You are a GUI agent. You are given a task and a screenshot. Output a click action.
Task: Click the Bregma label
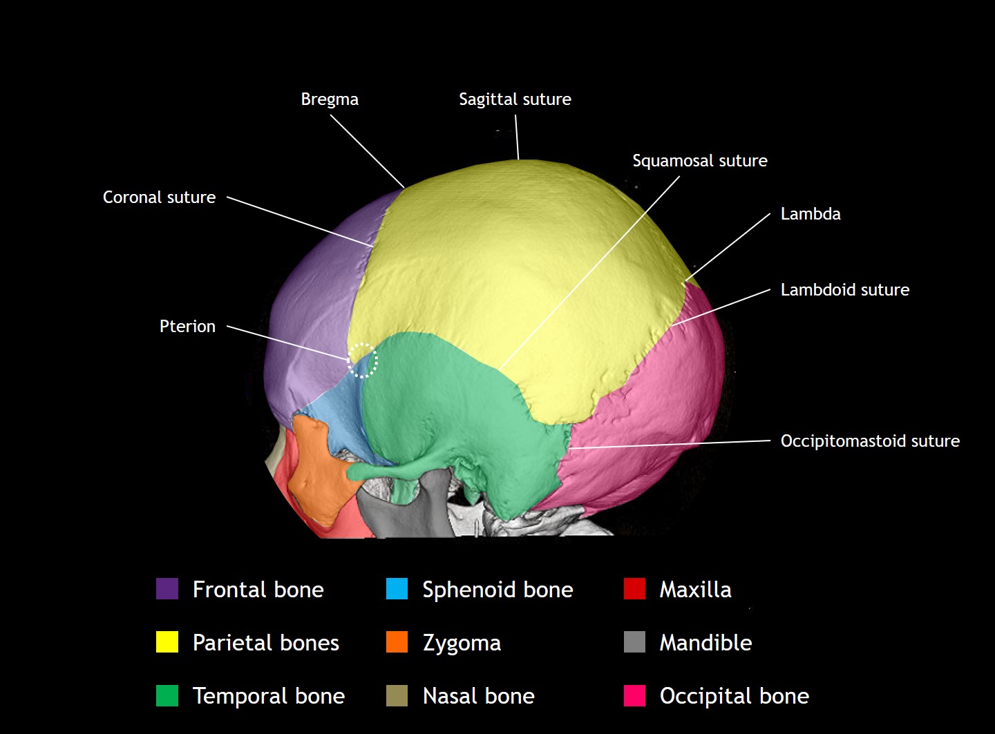(330, 99)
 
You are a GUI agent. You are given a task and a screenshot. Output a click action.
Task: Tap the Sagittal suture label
(515, 99)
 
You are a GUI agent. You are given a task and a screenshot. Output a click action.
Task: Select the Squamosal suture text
(699, 161)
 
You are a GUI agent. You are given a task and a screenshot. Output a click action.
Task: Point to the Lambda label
(810, 214)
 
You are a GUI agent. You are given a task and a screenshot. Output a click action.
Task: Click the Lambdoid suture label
(844, 290)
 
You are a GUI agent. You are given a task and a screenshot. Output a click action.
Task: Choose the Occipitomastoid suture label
(869, 441)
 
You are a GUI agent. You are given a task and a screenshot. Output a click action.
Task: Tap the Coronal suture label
(159, 197)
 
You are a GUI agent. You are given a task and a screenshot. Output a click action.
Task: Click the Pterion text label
(187, 327)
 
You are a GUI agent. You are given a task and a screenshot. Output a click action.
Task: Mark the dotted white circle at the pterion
(362, 360)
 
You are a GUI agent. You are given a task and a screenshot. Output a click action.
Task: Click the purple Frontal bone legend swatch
(167, 589)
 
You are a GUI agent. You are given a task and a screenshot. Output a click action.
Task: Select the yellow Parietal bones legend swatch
(167, 642)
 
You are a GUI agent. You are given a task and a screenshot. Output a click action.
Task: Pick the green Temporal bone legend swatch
(167, 695)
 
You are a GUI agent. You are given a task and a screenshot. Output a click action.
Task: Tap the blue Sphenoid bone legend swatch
(397, 589)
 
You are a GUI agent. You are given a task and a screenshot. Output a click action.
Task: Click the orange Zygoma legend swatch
(397, 642)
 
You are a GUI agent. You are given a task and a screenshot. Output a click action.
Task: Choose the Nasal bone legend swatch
(397, 695)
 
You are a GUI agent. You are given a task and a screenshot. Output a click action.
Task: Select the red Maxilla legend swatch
(634, 589)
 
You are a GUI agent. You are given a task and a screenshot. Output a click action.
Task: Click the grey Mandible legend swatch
(634, 642)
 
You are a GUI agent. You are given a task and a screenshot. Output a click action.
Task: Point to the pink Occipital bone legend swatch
(634, 695)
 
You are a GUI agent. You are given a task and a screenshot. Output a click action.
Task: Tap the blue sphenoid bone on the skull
(339, 414)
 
